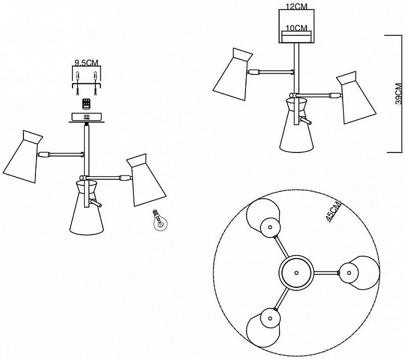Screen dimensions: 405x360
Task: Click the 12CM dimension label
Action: (x=296, y=6)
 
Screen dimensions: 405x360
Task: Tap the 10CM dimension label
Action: (x=296, y=28)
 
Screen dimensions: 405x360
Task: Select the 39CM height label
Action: (x=399, y=94)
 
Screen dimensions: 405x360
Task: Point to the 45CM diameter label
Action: (x=334, y=212)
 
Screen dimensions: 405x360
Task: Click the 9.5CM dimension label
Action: (x=86, y=63)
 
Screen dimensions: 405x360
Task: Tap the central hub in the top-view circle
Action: (x=296, y=272)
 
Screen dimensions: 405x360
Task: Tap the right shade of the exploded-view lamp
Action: (x=146, y=180)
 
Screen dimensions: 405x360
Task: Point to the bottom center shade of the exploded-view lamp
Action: (x=86, y=208)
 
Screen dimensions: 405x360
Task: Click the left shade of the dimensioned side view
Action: (x=233, y=74)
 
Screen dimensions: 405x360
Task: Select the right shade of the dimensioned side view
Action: (x=356, y=98)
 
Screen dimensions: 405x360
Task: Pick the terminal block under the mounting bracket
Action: (x=86, y=104)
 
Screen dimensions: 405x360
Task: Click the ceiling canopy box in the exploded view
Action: (x=86, y=117)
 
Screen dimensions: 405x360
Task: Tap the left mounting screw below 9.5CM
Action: (x=77, y=83)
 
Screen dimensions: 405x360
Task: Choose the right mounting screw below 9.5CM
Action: (x=95, y=83)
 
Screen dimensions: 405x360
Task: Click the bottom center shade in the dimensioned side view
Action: (x=296, y=125)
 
